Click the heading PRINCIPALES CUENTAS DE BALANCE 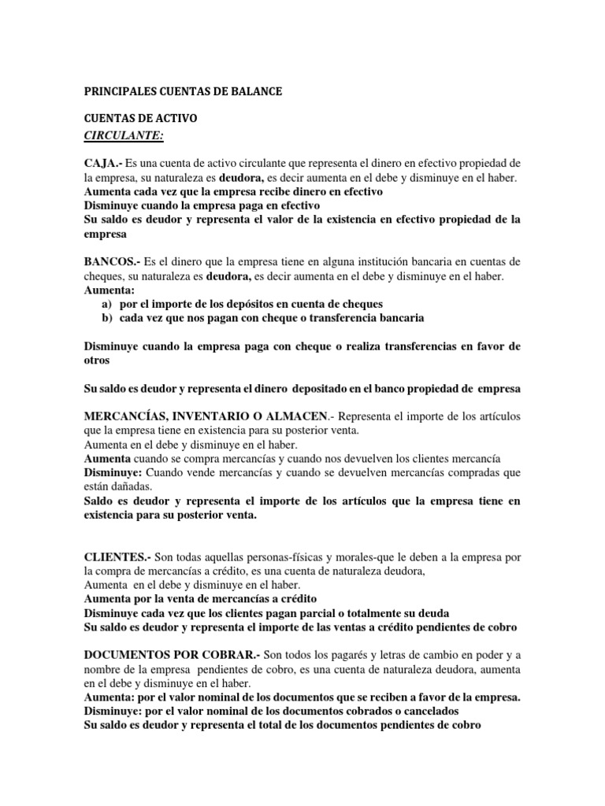[183, 92]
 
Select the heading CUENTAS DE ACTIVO [140, 119]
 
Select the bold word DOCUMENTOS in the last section [132, 656]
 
